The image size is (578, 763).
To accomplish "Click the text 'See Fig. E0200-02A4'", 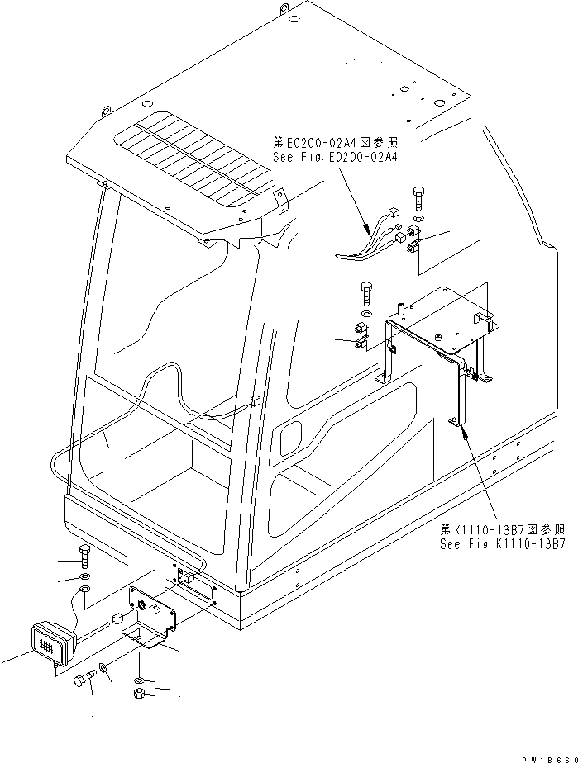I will point(334,156).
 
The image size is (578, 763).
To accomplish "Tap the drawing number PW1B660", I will point(546,756).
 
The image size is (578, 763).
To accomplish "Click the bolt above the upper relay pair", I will point(417,199).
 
